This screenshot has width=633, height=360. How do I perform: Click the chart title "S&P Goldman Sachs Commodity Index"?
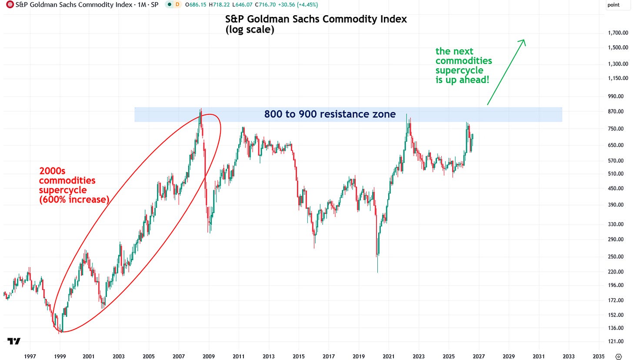(x=316, y=19)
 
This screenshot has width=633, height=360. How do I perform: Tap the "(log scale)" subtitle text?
(x=250, y=30)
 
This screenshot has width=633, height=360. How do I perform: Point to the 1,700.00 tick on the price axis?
(x=618, y=33)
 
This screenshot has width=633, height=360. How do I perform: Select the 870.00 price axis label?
(x=616, y=111)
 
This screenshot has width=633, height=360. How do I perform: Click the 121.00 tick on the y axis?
(x=616, y=341)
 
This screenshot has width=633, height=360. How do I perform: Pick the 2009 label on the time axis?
(x=209, y=357)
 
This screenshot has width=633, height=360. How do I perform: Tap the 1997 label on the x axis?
(x=30, y=357)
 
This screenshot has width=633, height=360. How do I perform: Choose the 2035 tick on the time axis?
(x=598, y=357)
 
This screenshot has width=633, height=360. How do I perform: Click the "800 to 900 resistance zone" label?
(x=330, y=114)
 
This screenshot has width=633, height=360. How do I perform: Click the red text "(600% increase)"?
(x=74, y=200)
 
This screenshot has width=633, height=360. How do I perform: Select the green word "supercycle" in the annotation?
(x=459, y=70)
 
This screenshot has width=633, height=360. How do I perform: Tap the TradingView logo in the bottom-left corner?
(x=14, y=341)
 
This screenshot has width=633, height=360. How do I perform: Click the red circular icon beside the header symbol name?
(x=10, y=4)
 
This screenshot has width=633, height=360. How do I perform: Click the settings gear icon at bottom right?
(x=619, y=357)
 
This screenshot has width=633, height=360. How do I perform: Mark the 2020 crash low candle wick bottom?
(x=377, y=273)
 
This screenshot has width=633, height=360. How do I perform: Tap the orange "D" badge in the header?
(x=177, y=4)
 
